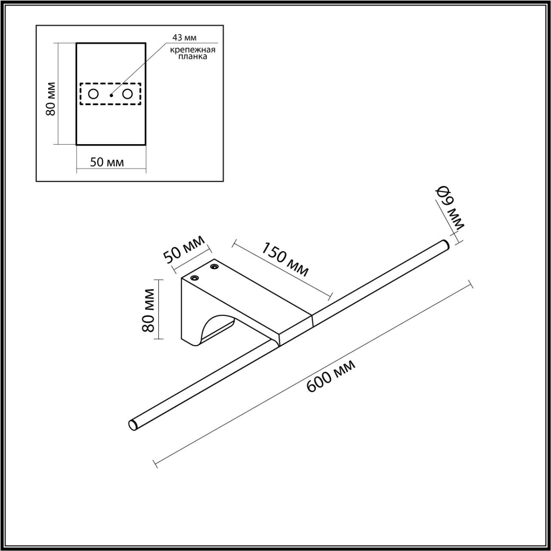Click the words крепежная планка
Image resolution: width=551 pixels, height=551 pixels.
point(192,53)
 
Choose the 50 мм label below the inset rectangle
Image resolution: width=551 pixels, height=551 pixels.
point(107,162)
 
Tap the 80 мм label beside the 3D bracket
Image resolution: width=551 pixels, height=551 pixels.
point(148,310)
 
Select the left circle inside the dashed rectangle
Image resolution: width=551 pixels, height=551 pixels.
point(93,94)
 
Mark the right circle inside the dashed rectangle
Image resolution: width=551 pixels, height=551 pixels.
point(127,94)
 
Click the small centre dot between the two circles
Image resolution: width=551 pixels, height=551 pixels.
point(111,95)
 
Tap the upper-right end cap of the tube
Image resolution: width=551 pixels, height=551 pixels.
point(445,244)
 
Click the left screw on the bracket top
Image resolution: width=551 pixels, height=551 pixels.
point(194,278)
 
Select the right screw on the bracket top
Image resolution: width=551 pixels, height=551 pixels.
point(214,267)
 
